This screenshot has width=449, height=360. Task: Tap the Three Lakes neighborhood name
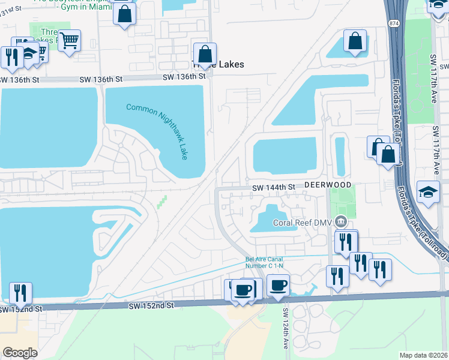(x=217, y=64)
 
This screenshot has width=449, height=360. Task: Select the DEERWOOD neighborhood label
(x=327, y=186)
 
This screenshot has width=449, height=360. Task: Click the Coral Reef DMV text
(x=303, y=222)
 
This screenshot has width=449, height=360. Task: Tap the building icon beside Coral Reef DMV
(x=341, y=222)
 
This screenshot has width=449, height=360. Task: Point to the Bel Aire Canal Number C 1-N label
(x=265, y=263)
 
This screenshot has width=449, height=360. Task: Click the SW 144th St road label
(x=273, y=187)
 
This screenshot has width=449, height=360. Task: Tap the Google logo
(x=19, y=353)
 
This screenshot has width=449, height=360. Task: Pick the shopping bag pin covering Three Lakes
(x=205, y=53)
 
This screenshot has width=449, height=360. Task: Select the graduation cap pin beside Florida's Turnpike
(x=428, y=192)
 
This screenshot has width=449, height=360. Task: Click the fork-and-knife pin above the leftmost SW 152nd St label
(x=20, y=293)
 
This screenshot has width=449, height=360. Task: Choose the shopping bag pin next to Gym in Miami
(x=124, y=14)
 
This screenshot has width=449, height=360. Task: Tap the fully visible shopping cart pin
(x=70, y=41)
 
